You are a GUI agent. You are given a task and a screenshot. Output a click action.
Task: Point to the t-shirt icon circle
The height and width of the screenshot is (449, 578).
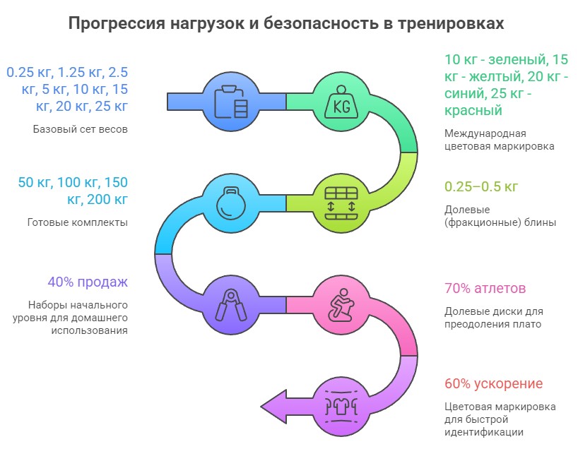(341, 405)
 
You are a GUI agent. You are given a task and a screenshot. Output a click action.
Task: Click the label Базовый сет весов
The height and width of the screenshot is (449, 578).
(80, 129)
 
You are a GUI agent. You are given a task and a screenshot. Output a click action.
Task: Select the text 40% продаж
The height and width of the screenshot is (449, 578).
(88, 282)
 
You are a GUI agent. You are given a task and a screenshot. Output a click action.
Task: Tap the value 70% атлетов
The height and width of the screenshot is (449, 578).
(485, 289)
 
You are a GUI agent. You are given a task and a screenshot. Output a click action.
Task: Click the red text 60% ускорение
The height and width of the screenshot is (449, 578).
(493, 384)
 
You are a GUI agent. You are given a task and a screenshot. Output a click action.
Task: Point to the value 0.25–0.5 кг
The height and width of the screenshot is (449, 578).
(481, 187)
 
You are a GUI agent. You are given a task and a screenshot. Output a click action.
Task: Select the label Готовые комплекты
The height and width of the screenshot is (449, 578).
(77, 222)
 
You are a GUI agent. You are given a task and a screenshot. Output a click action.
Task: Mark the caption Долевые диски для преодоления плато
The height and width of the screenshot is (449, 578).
(493, 318)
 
